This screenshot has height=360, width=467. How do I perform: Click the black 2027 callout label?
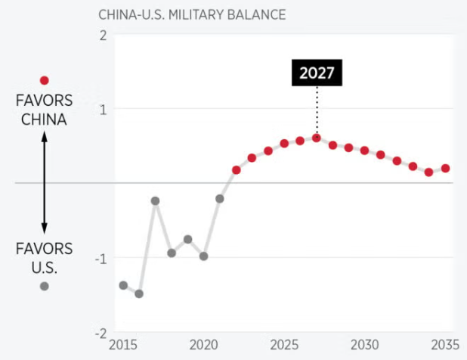[x=317, y=73]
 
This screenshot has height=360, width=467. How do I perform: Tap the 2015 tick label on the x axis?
[x=123, y=345]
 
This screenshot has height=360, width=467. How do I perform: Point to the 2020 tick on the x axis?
[x=203, y=345]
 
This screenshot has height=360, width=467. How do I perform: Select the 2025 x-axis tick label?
[x=284, y=345]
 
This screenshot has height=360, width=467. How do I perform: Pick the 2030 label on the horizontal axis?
[x=364, y=345]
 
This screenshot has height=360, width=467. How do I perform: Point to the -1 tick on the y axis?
[x=100, y=258]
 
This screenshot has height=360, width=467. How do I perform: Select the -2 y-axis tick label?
[x=100, y=333]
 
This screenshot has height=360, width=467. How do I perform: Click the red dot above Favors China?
[x=44, y=80]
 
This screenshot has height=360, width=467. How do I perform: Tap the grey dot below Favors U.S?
[x=44, y=286]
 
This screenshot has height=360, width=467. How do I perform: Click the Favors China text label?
[x=44, y=109]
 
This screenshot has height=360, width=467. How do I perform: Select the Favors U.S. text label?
[x=44, y=258]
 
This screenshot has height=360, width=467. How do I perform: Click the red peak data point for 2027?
[x=317, y=138]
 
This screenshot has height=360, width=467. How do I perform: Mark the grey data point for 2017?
[x=155, y=200]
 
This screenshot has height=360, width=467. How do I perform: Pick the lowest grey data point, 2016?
[x=139, y=293]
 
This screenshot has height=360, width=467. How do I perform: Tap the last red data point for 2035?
[x=445, y=168]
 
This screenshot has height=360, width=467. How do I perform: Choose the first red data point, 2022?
[x=236, y=169]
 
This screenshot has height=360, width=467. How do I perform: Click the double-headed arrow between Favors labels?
[x=44, y=182]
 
